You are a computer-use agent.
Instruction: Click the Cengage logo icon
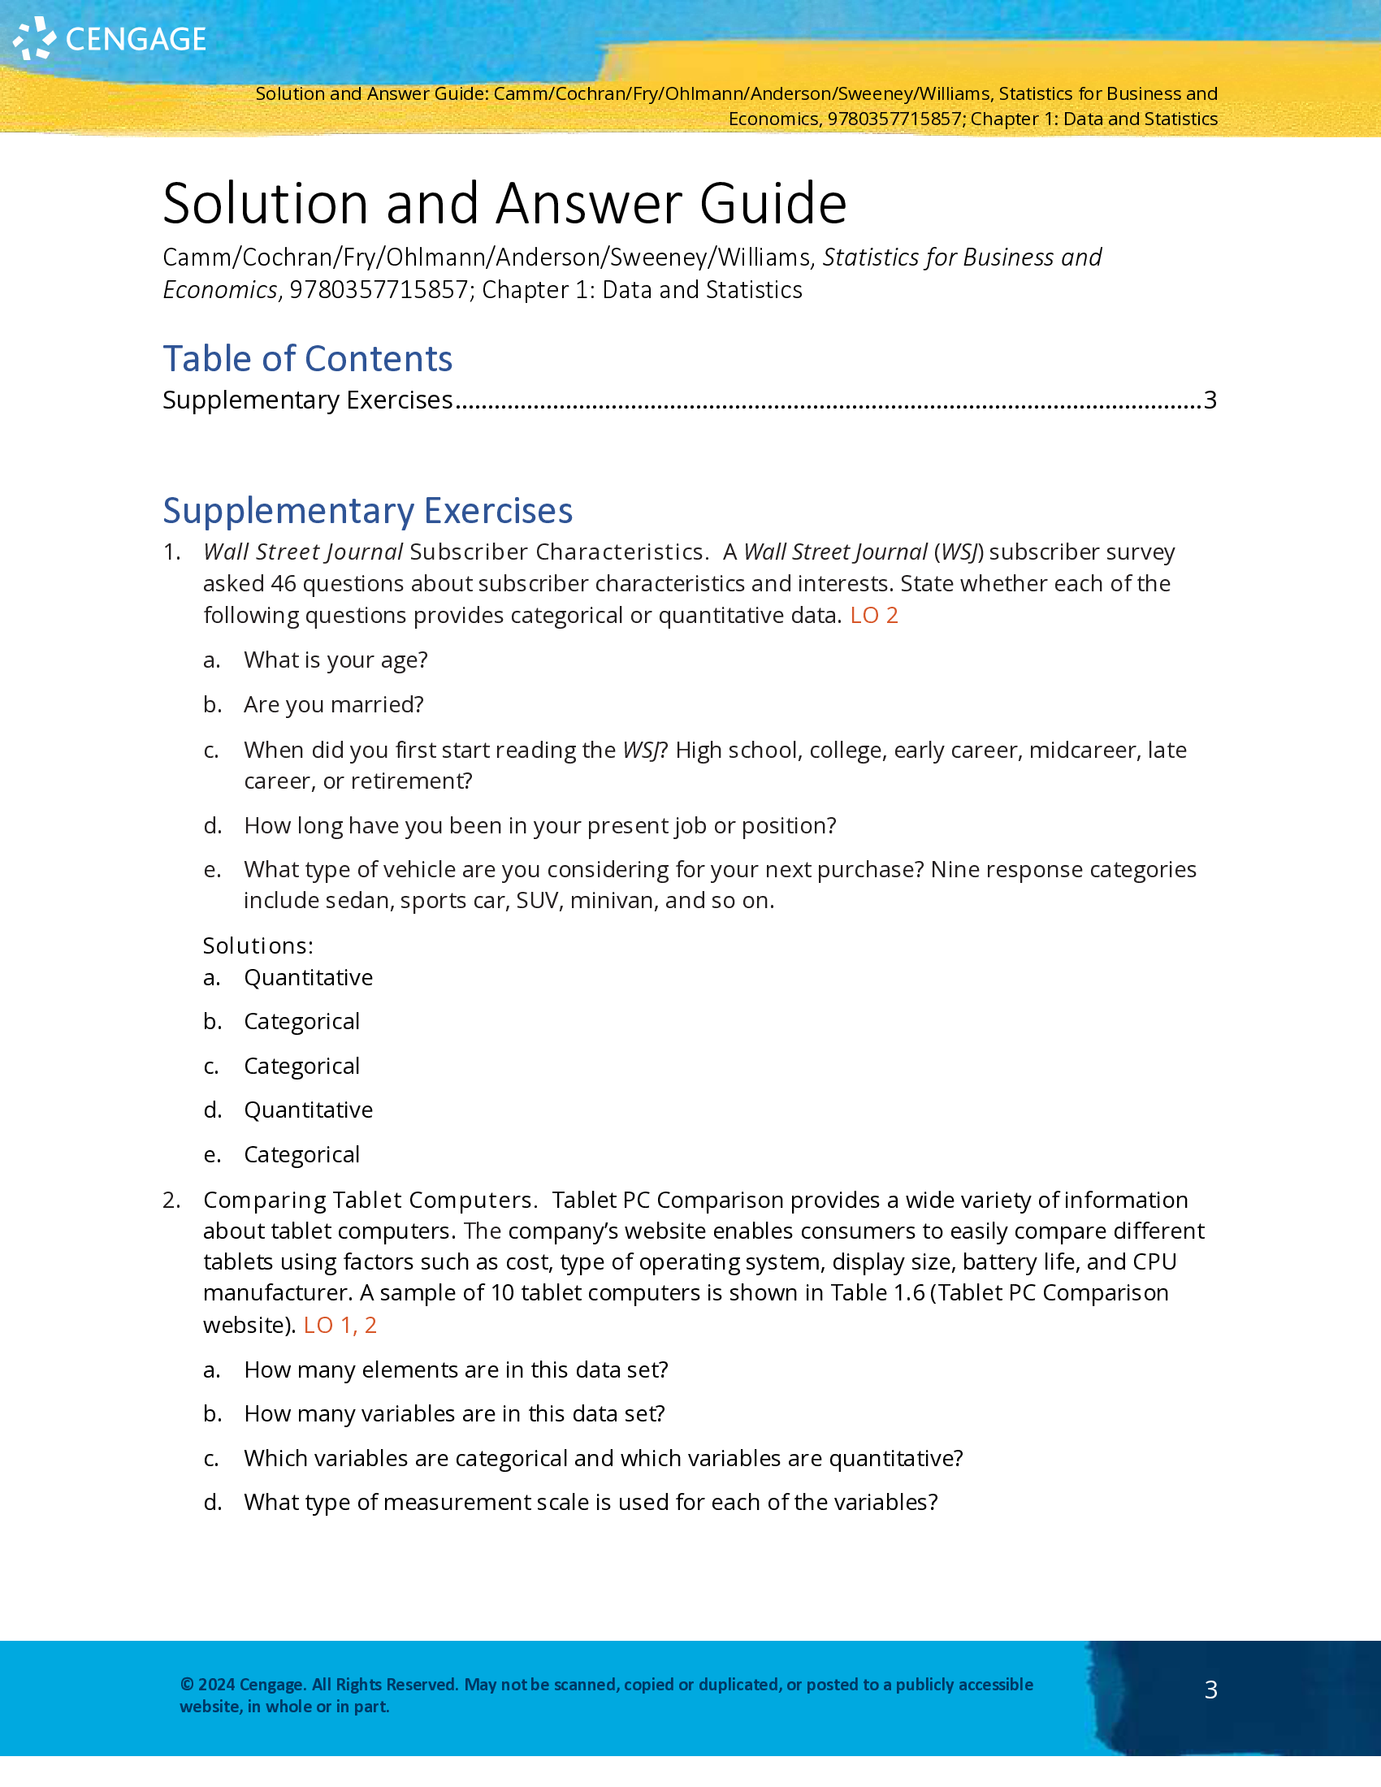coord(34,38)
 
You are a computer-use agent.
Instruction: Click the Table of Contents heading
coord(307,358)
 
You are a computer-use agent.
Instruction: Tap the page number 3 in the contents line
coord(1210,400)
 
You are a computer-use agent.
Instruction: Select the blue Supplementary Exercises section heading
coord(367,511)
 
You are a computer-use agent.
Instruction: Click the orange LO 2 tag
coord(874,616)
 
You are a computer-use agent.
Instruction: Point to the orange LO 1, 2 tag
coord(340,1325)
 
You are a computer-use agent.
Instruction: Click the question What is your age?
coord(336,660)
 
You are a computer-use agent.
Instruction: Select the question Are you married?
coord(333,704)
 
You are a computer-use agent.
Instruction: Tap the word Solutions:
coord(258,945)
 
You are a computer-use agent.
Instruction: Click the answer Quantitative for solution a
coord(308,977)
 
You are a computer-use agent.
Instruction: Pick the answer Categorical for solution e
coord(301,1154)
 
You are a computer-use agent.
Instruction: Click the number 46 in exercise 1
coord(283,583)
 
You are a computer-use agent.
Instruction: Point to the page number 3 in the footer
coord(1211,1690)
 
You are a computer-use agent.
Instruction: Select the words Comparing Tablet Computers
coord(369,1200)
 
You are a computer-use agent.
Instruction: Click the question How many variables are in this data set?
coord(454,1413)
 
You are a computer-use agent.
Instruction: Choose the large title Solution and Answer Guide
coord(504,203)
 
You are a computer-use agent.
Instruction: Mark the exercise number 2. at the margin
coord(171,1200)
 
